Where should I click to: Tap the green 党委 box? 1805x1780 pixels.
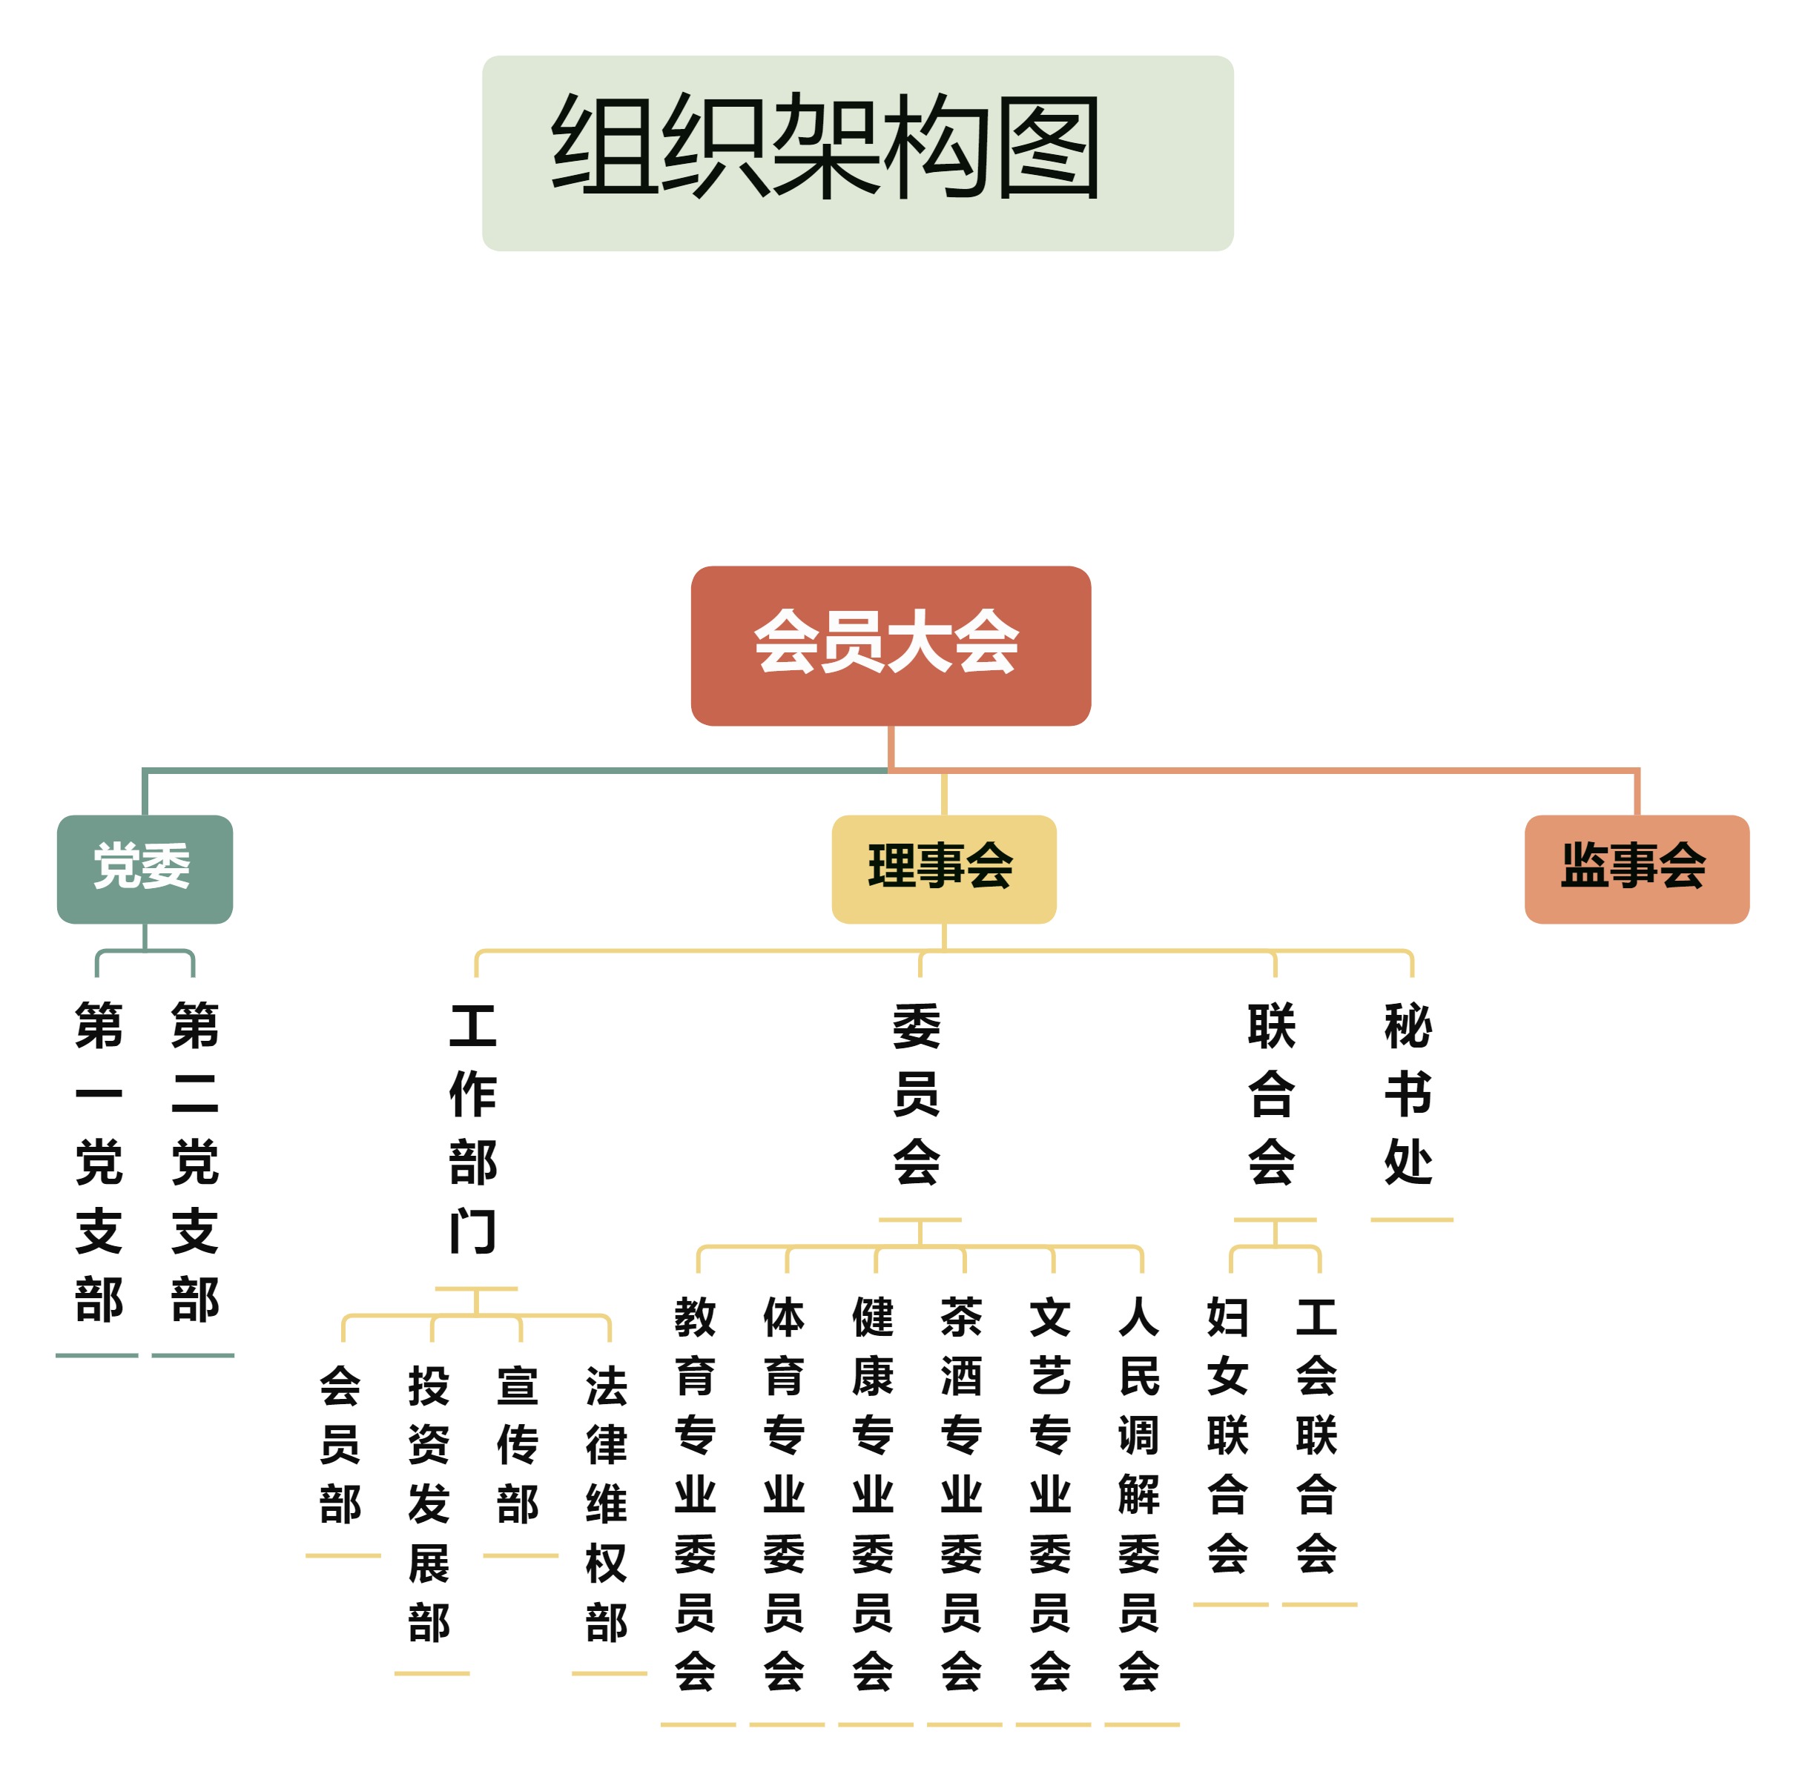click(x=144, y=869)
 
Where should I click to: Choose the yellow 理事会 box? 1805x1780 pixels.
click(x=943, y=869)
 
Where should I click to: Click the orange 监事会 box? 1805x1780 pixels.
click(x=1635, y=869)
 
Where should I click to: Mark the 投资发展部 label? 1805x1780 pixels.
click(x=429, y=1503)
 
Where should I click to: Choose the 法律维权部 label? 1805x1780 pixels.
click(x=607, y=1503)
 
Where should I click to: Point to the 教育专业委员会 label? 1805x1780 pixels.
click(x=695, y=1495)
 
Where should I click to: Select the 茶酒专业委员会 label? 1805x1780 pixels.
click(x=961, y=1495)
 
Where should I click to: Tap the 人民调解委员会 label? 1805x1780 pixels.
click(x=1139, y=1495)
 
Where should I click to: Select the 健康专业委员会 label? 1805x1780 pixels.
click(x=873, y=1495)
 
